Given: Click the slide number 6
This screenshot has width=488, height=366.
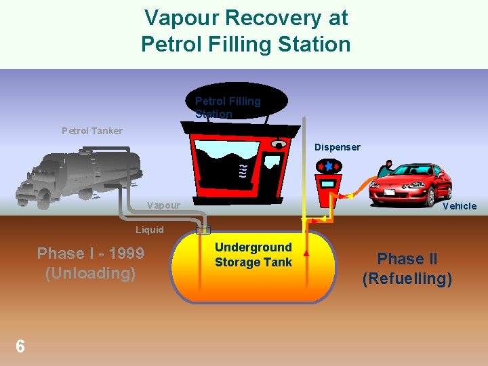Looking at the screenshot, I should click(x=20, y=346).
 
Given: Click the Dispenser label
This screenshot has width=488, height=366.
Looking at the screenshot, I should click(x=337, y=147).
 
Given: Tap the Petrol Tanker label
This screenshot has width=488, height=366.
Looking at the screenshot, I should click(x=92, y=131).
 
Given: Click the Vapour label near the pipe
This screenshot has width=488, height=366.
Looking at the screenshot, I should click(x=163, y=205).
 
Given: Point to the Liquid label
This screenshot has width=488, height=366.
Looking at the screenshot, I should click(x=150, y=230).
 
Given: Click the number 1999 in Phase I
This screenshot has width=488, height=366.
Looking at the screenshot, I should click(x=125, y=254).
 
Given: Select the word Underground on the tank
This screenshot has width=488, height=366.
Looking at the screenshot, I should click(x=253, y=247).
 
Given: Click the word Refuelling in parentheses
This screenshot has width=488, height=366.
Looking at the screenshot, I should click(x=407, y=279).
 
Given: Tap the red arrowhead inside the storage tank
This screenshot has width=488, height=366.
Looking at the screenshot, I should click(x=306, y=253).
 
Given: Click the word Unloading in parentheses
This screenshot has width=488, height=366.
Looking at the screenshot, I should click(x=90, y=274).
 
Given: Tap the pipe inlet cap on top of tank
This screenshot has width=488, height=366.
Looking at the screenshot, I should click(x=204, y=228).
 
